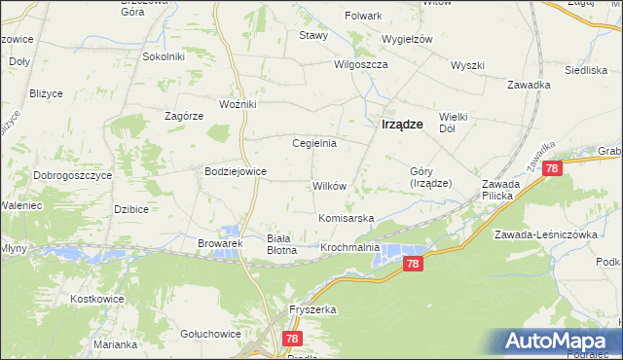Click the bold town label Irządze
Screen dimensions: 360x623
(x=401, y=124)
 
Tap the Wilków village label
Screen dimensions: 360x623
(x=330, y=185)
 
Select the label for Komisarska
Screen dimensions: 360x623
(x=346, y=218)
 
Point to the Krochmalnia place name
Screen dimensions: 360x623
(x=349, y=248)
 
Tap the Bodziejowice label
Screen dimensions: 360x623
(x=235, y=170)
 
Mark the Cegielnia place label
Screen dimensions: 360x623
(x=314, y=143)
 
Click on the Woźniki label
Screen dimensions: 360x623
(x=238, y=103)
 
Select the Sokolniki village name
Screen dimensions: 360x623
(x=164, y=56)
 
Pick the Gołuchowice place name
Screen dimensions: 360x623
(x=210, y=333)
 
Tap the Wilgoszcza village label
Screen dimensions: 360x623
(x=360, y=64)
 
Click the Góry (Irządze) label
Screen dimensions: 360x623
(x=428, y=176)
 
